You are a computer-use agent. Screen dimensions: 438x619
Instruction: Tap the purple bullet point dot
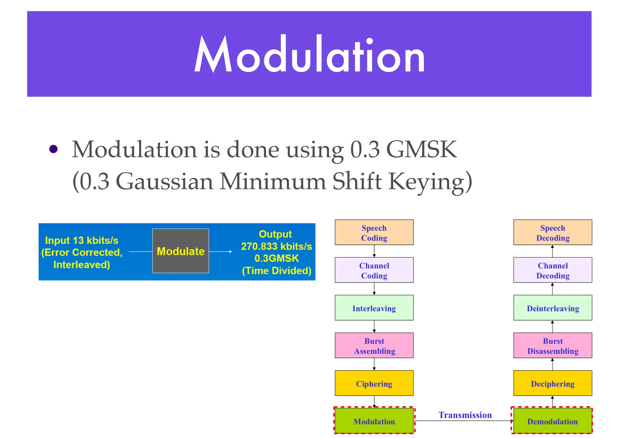(x=53, y=149)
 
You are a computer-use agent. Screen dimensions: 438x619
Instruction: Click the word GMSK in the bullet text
(x=421, y=149)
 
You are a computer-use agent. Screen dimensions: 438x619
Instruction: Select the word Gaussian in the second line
(x=164, y=181)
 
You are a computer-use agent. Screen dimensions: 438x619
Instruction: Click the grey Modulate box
(x=180, y=251)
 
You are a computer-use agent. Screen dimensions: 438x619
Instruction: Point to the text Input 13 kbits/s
(x=82, y=240)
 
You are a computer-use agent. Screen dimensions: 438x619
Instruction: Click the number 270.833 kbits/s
(x=276, y=246)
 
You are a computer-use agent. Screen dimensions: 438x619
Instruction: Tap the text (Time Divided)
(x=276, y=271)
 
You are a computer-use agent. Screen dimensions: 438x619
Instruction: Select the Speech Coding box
(x=374, y=232)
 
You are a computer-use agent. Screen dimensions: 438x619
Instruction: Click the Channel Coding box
(x=374, y=270)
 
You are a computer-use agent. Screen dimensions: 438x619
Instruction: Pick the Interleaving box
(x=374, y=308)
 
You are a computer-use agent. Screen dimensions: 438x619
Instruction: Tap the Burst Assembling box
(x=374, y=345)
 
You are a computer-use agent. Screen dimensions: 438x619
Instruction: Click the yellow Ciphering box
(x=374, y=383)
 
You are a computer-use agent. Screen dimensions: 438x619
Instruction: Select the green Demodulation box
(x=552, y=421)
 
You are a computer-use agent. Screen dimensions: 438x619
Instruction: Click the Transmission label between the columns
(x=465, y=415)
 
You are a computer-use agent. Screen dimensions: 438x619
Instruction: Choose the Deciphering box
(x=552, y=383)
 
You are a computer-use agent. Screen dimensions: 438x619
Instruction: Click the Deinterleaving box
(x=552, y=308)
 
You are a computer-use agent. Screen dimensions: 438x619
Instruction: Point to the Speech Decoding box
(x=552, y=232)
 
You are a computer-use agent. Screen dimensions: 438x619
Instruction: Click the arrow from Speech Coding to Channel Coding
(x=374, y=251)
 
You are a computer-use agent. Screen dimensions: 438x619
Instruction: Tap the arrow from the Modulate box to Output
(x=220, y=251)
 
